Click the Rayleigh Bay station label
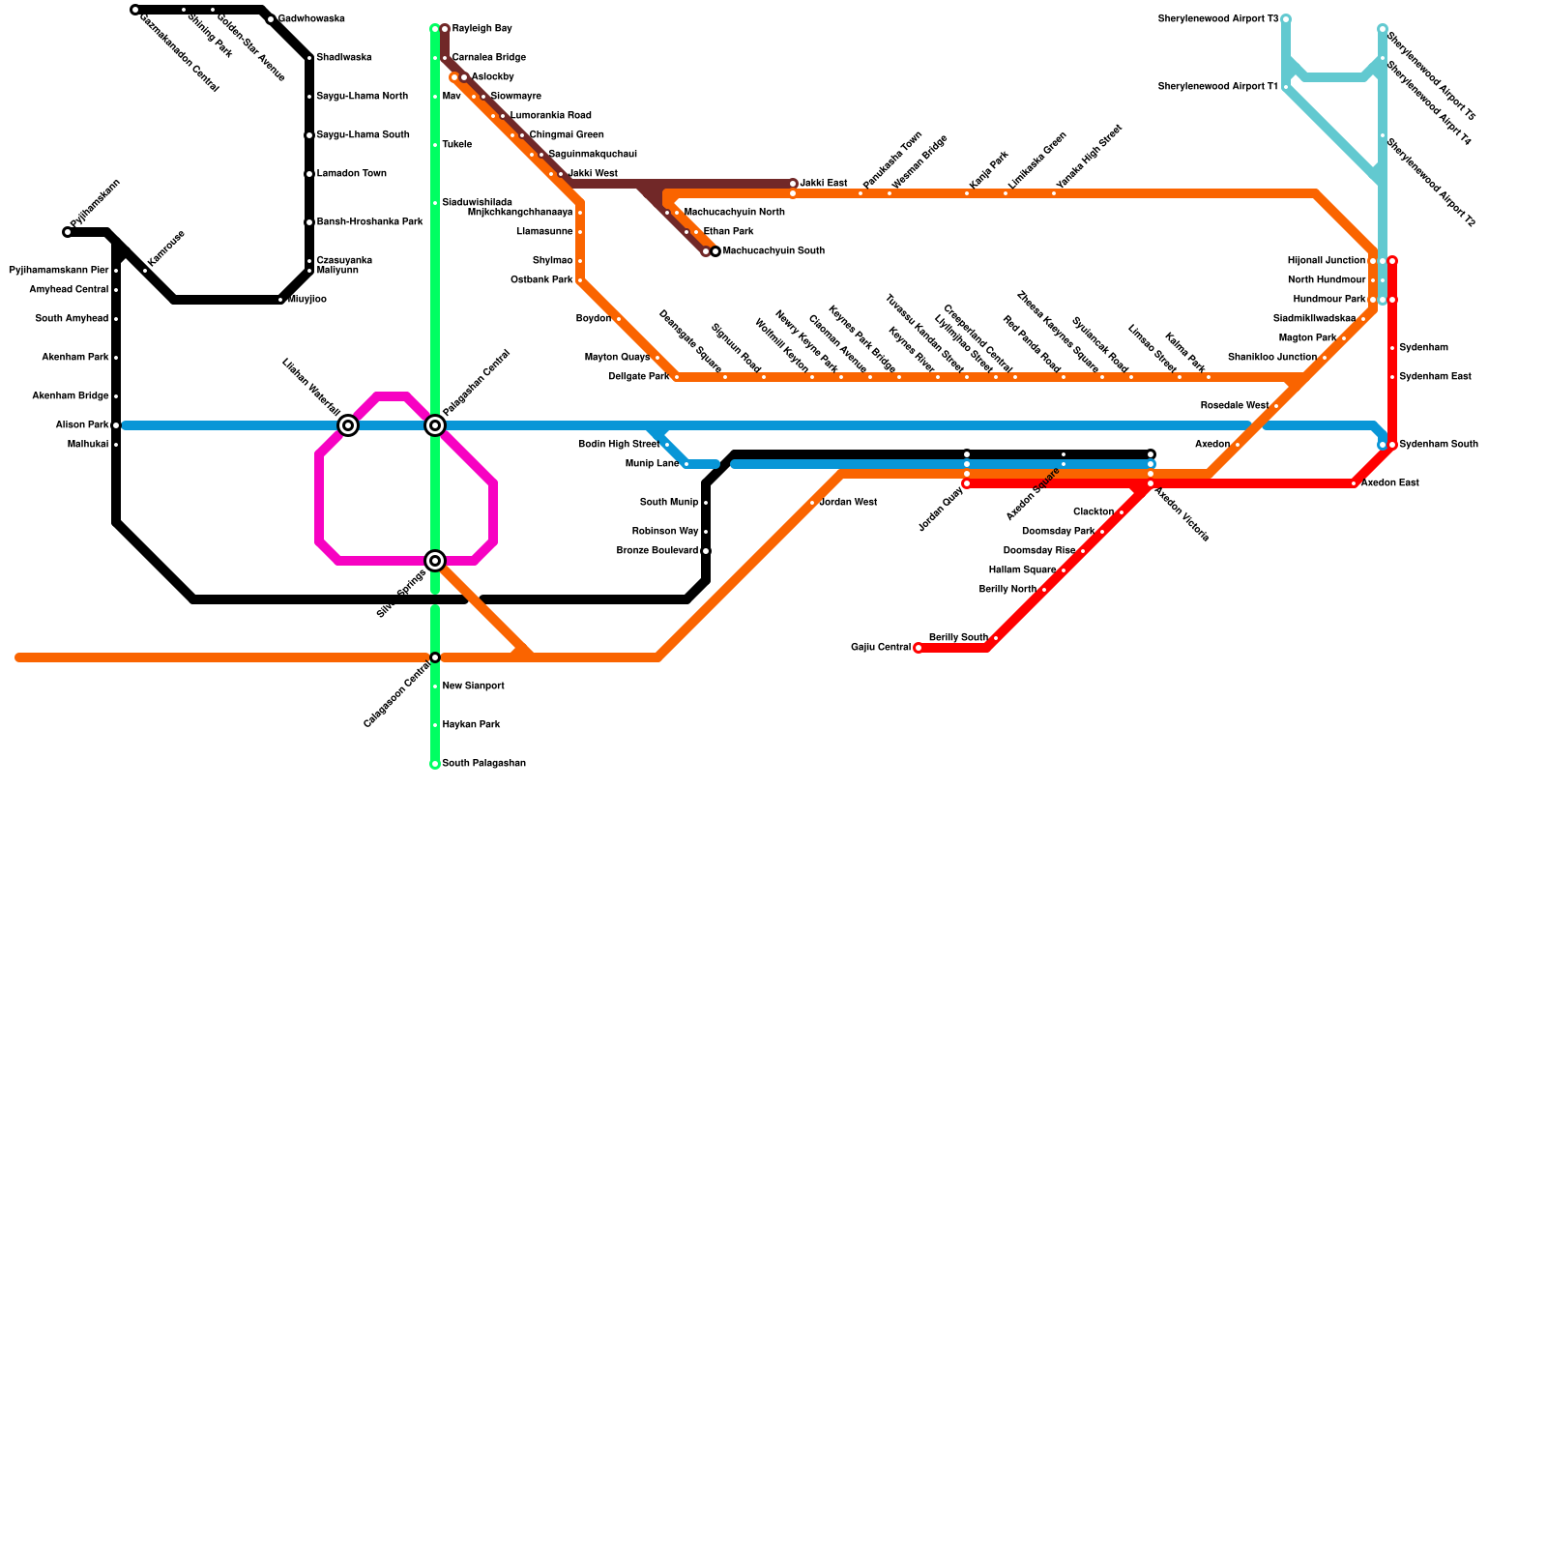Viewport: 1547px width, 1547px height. pos(482,29)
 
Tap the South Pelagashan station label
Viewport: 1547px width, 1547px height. pos(483,764)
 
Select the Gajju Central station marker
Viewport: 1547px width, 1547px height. pos(919,648)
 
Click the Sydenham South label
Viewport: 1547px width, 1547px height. pos(1438,445)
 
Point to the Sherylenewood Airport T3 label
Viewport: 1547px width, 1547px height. pos(1217,19)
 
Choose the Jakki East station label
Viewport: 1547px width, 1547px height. pos(823,184)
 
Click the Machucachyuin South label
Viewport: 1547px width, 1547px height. pos(773,251)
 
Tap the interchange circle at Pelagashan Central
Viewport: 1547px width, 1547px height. pos(435,425)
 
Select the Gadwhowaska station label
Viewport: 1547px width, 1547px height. pos(311,19)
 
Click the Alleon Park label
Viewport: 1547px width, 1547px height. pos(81,425)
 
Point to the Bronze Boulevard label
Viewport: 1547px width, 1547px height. pos(657,551)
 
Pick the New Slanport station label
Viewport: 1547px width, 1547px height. pos(473,686)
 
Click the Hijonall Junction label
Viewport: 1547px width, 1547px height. pos(1326,261)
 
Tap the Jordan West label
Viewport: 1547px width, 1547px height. pos(848,503)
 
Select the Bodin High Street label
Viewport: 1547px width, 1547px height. pos(618,445)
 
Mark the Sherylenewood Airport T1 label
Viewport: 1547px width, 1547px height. pos(1217,87)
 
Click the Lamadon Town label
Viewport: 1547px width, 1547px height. pos(351,174)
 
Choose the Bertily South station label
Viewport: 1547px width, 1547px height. pos(957,638)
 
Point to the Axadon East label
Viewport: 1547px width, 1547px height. pos(1389,483)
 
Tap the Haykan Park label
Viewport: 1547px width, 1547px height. pos(471,725)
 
